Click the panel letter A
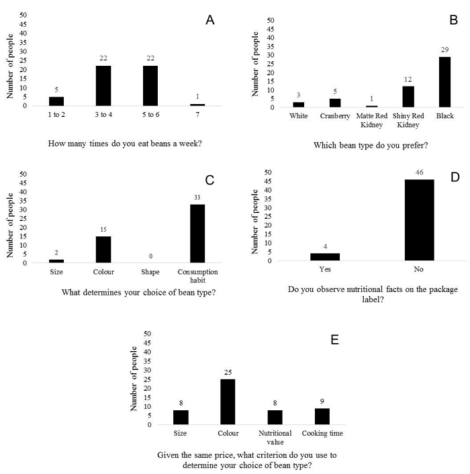pos(210,20)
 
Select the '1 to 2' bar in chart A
pos(56,101)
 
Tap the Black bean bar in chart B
pos(444,82)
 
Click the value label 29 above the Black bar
pos(444,51)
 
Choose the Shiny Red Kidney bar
pos(408,97)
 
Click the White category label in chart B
pos(298,115)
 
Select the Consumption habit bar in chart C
pos(197,234)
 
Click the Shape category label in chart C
pos(150,273)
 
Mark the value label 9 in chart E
pos(322,401)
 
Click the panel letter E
pos(334,340)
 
